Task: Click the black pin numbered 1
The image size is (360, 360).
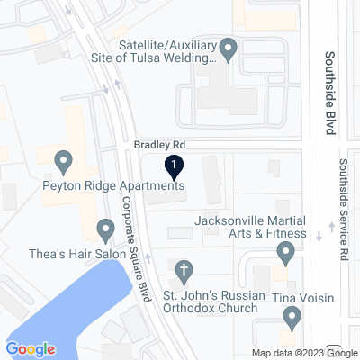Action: coord(174,166)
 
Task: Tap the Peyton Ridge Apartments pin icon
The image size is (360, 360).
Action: coord(63,163)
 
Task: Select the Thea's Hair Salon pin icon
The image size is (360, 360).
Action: coord(105,233)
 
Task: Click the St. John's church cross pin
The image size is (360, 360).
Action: coord(184,269)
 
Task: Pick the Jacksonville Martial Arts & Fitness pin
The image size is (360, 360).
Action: coord(286,256)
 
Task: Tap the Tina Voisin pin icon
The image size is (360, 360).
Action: coord(292,317)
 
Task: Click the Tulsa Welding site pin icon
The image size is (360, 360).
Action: coord(229,49)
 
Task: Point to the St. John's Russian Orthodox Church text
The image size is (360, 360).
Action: coord(212,301)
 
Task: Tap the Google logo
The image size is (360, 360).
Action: coord(30,348)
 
